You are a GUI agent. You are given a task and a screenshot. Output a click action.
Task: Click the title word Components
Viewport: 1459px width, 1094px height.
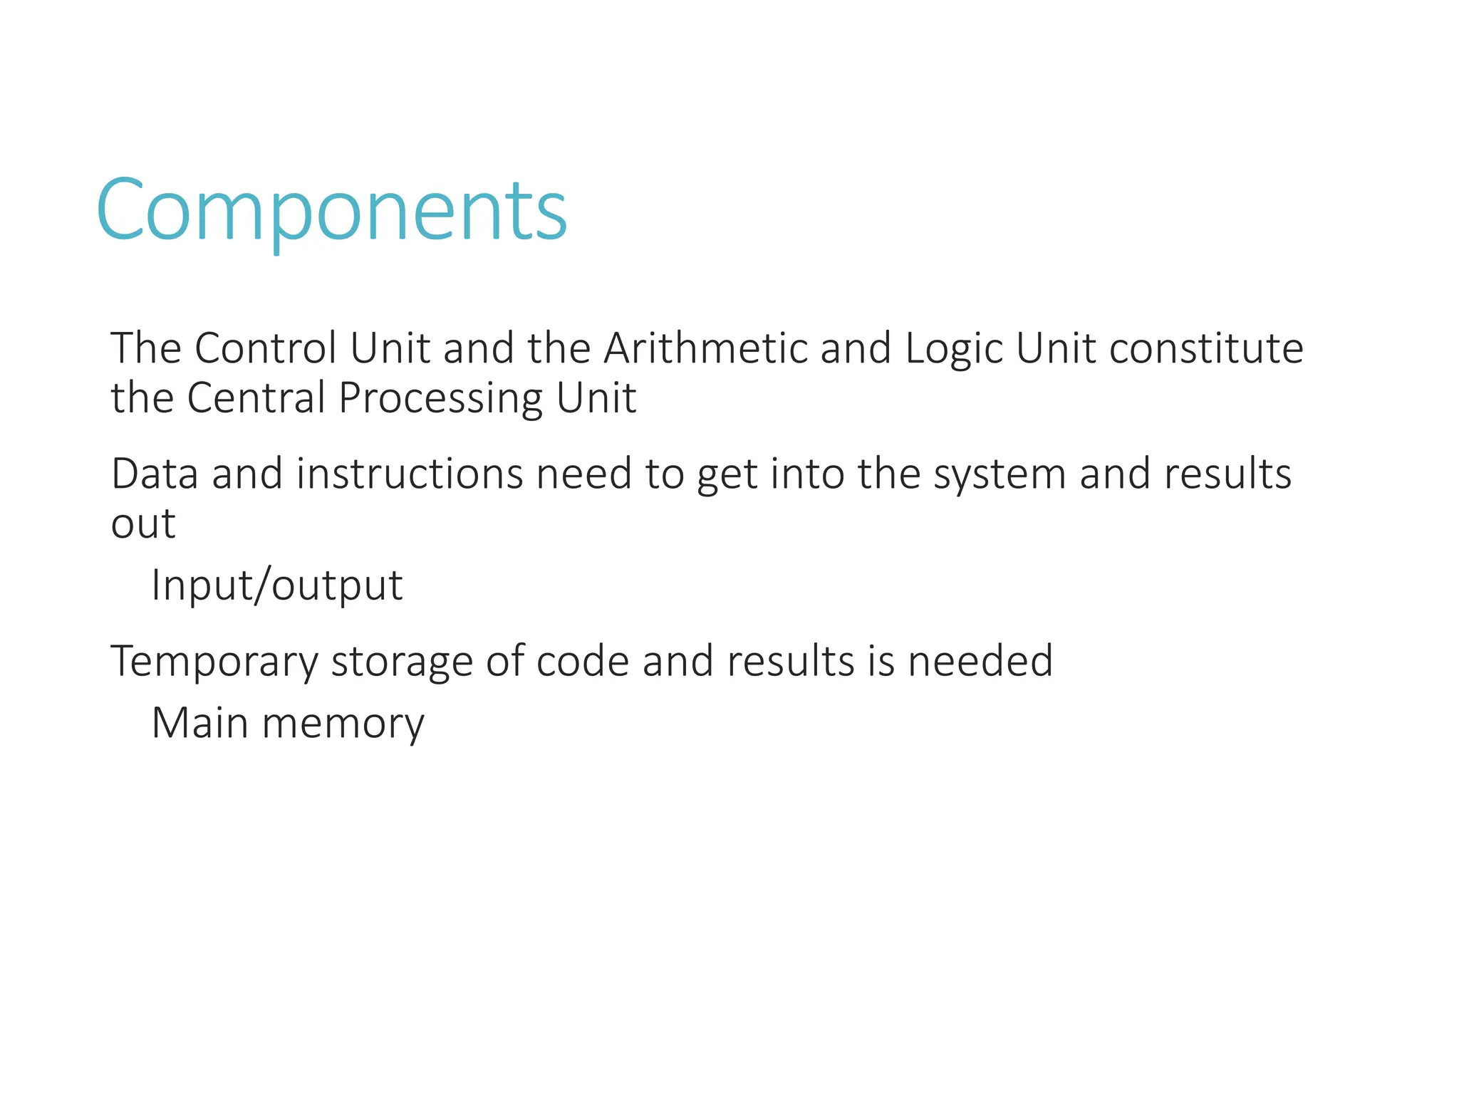tap(331, 211)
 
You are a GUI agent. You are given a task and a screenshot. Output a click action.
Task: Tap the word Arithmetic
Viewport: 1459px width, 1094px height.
tap(705, 348)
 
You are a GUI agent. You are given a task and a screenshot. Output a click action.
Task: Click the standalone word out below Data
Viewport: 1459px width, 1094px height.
tap(143, 524)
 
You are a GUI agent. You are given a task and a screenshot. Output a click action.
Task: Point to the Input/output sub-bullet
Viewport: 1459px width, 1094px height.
tap(277, 585)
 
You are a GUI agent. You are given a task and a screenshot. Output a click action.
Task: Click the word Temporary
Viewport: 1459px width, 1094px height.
tap(214, 662)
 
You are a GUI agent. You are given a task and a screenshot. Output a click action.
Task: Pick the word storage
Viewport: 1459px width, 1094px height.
tap(402, 662)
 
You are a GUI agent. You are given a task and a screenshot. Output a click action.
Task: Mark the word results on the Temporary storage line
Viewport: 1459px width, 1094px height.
tap(790, 660)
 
